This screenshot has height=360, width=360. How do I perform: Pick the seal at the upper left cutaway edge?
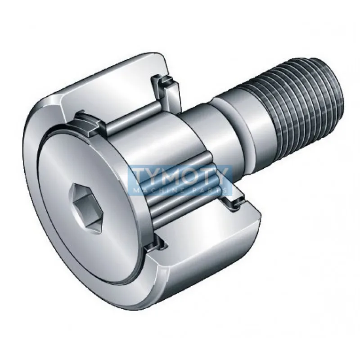click(x=88, y=124)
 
